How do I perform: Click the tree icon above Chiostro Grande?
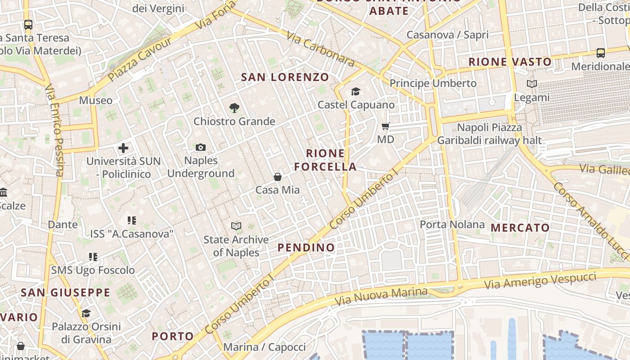coord(234,108)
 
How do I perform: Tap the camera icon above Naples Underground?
coord(201,147)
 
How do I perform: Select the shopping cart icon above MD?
coord(385,126)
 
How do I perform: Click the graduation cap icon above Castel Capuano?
coord(355,92)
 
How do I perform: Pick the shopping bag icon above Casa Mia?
coord(278,177)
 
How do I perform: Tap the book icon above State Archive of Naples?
coord(236,226)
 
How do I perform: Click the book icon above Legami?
coord(531,84)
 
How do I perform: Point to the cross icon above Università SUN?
coord(123,148)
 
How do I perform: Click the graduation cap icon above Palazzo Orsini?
coord(86,313)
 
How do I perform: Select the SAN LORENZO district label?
coord(285,77)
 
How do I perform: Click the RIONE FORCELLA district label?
coord(325,160)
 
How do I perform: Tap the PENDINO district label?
coord(306,247)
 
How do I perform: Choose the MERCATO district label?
coord(520,228)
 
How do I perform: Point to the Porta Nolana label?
coord(452,224)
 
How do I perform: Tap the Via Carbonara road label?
coord(320,49)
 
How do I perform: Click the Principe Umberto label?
coord(432,83)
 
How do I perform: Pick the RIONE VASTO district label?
coord(510,62)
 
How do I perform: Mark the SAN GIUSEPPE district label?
coord(65,292)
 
